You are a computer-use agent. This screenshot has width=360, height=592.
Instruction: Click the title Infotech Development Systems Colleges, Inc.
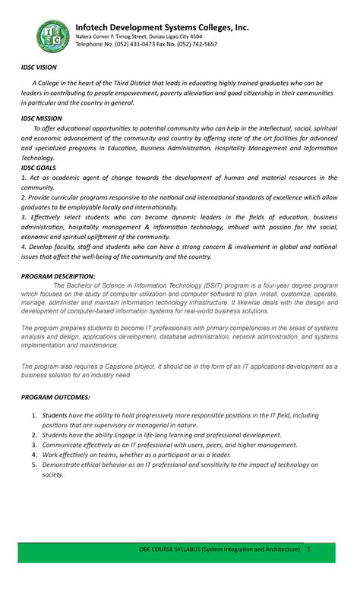pos(162,27)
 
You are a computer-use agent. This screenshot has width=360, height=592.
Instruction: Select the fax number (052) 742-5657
pos(194,45)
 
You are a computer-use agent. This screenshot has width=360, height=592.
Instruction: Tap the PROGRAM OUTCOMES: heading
pos(55,397)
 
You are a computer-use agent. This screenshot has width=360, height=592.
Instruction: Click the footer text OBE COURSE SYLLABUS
pos(172,570)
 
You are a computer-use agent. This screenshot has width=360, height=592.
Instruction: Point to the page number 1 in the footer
pos(309,570)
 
